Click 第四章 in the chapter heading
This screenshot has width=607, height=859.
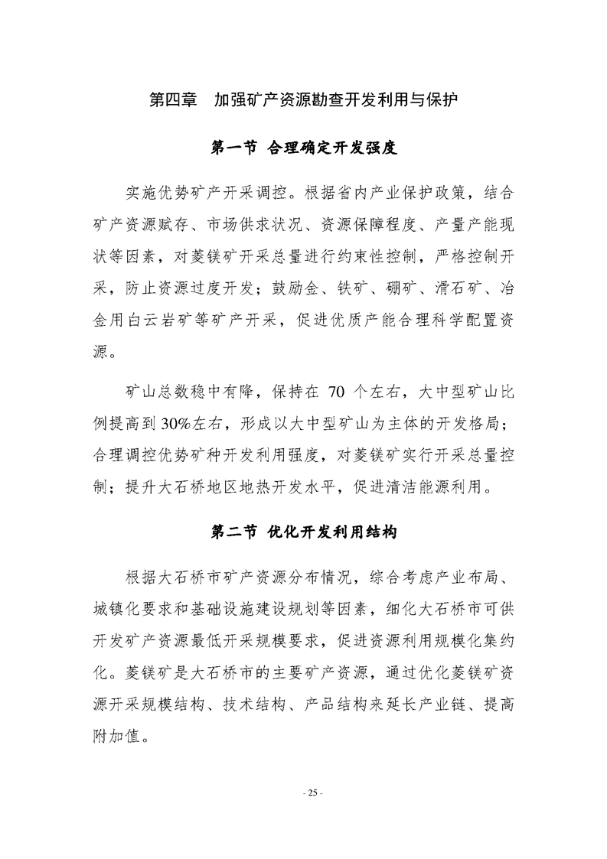(x=172, y=100)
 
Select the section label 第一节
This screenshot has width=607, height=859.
(x=233, y=148)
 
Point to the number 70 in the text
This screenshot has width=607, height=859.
(x=337, y=394)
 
